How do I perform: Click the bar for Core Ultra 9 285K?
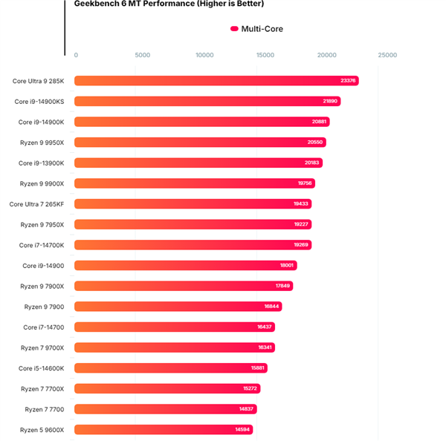click(216, 81)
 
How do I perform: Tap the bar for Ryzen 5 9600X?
click(164, 429)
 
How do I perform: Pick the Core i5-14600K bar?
click(170, 368)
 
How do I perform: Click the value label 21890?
click(330, 102)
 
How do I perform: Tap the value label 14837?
click(247, 409)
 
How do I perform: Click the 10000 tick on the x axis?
click(204, 55)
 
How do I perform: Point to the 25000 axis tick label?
click(387, 55)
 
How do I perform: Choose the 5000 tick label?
click(143, 55)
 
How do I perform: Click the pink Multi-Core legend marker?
click(234, 29)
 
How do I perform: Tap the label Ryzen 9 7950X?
click(42, 224)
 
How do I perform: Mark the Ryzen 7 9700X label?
click(42, 347)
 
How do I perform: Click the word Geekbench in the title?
click(97, 4)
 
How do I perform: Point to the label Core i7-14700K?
click(42, 245)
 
